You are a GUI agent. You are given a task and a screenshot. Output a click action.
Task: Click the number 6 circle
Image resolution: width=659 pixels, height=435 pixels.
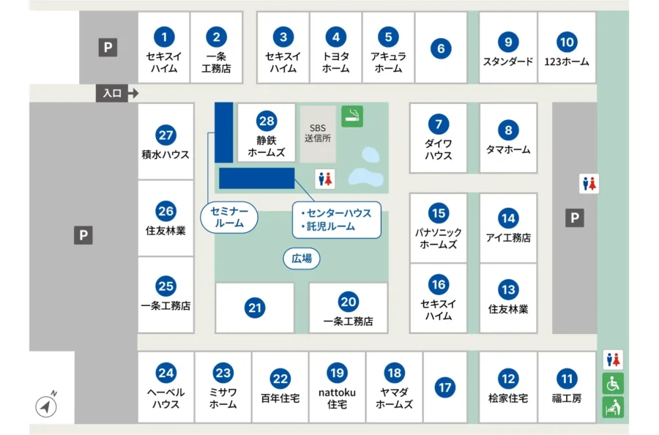[441, 49]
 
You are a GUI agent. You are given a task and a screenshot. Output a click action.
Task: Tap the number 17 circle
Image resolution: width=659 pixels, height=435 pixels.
[444, 387]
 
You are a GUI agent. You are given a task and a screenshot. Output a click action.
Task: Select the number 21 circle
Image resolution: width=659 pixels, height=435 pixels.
[255, 308]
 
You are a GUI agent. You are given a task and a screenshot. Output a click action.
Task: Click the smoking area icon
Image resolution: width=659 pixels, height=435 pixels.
[352, 116]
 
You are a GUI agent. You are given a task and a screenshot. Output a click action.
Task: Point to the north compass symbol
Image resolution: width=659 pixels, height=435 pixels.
[46, 406]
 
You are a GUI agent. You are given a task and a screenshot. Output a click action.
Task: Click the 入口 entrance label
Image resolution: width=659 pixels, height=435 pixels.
[112, 94]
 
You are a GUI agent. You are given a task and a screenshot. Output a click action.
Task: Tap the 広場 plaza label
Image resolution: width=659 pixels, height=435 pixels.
[302, 258]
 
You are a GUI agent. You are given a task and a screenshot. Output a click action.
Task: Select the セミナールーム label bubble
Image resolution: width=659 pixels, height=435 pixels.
[229, 218]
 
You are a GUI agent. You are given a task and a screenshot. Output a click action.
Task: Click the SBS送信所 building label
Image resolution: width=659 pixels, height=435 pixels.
[318, 132]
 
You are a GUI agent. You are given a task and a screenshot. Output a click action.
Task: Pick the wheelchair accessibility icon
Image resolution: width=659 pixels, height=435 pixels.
[613, 383]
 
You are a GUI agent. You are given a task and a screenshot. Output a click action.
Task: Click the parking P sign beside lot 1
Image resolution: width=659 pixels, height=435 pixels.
[108, 48]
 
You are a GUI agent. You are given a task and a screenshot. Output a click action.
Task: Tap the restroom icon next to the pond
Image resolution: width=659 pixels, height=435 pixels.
[325, 178]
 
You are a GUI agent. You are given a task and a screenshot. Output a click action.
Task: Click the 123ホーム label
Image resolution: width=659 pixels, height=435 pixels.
[566, 62]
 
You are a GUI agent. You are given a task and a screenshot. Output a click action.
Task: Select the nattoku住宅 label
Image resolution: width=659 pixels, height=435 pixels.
[337, 398]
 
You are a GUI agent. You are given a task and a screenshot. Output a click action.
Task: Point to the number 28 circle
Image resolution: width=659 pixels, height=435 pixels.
[266, 121]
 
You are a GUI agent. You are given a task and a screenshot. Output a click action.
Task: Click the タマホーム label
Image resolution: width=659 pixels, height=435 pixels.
[508, 149]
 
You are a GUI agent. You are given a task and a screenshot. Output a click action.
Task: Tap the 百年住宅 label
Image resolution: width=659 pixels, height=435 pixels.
[280, 398]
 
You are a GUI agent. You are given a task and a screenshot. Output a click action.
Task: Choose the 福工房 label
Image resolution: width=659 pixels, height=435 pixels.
[567, 398]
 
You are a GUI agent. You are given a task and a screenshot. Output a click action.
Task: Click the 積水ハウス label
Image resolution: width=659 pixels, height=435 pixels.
[165, 155]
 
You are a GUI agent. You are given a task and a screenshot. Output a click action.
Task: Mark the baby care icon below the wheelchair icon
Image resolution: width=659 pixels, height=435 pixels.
[613, 406]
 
